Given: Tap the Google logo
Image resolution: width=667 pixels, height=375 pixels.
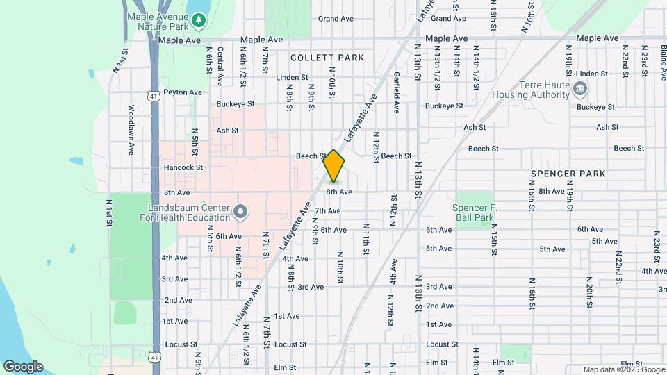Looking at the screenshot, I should click(23, 367).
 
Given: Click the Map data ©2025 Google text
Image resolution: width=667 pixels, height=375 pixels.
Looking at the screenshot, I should click(624, 369).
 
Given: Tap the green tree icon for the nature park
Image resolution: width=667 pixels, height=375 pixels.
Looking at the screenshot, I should click(199, 20).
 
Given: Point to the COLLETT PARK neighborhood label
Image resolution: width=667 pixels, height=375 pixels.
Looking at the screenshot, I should click(327, 58).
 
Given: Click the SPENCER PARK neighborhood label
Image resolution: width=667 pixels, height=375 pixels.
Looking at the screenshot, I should click(568, 173).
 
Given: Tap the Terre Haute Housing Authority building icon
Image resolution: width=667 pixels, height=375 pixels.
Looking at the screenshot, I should click(581, 88).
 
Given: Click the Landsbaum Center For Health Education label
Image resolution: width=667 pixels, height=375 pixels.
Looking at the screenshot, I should click(189, 212).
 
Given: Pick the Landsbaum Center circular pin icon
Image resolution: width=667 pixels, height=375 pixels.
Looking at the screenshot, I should click(241, 210).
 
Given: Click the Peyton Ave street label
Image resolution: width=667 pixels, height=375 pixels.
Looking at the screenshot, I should click(183, 92).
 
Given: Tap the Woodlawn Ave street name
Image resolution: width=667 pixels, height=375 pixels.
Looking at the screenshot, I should click(131, 130).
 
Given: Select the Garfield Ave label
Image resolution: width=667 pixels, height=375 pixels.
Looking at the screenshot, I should click(396, 92).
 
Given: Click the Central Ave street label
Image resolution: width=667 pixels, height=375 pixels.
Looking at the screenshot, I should click(220, 66).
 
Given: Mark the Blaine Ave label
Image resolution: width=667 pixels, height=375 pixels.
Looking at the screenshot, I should click(664, 59).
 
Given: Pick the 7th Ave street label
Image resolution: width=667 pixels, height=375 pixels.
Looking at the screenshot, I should click(327, 210).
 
